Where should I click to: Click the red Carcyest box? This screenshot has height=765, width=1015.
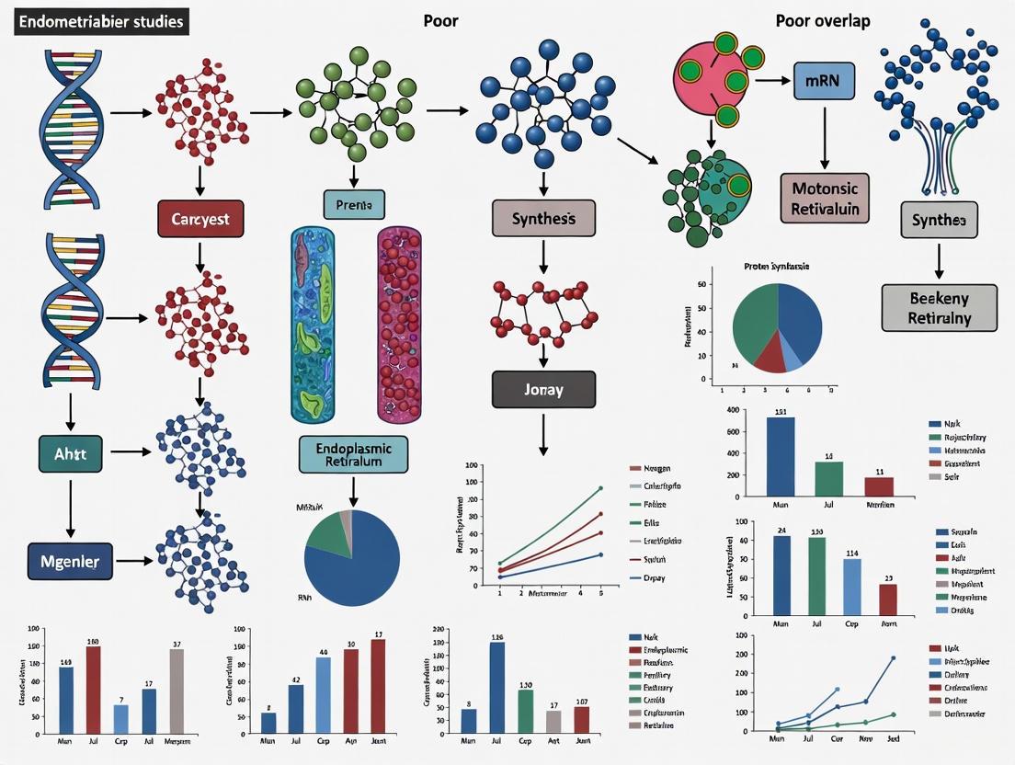pos(200,220)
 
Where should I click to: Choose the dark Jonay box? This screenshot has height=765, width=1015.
pos(543,389)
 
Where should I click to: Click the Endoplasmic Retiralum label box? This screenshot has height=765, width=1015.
pos(353,454)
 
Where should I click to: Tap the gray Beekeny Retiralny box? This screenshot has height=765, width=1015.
pos(939,307)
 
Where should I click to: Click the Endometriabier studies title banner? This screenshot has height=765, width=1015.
pos(100,21)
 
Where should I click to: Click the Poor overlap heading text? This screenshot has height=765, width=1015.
pos(823,21)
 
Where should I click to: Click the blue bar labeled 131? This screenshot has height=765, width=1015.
pos(780,457)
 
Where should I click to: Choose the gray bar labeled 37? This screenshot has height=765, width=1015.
pos(177,690)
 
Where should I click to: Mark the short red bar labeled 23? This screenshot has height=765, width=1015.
pos(887,599)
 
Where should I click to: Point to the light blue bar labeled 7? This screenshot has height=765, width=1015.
pos(120,717)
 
